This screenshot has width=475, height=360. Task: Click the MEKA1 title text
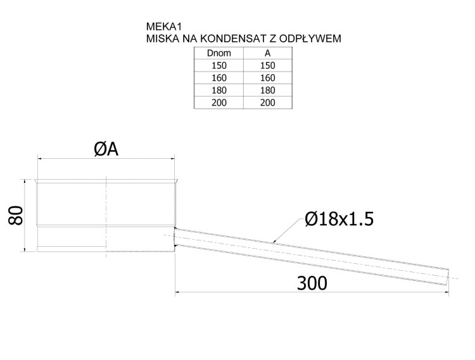[x=164, y=27]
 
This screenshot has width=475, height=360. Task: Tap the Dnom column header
[x=218, y=53]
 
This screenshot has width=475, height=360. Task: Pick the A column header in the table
[x=267, y=53]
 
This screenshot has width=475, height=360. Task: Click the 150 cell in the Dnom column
[x=218, y=66]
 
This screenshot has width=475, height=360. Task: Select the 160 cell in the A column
[x=267, y=78]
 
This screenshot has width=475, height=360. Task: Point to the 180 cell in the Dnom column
[x=218, y=90]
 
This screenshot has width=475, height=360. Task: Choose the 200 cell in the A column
[x=267, y=103]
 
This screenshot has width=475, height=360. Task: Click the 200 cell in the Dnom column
[x=218, y=103]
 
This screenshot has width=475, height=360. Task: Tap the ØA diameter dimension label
[x=106, y=149]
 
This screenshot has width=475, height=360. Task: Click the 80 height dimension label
[x=16, y=215]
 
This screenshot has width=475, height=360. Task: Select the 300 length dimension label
[x=312, y=283]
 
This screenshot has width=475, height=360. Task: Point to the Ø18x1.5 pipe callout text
[x=339, y=219]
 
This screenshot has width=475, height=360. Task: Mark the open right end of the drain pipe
[x=447, y=276]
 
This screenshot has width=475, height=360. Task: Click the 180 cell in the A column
[x=267, y=90]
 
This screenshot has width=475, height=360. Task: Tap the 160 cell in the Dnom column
[x=218, y=78]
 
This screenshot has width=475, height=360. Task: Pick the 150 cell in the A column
[x=267, y=66]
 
